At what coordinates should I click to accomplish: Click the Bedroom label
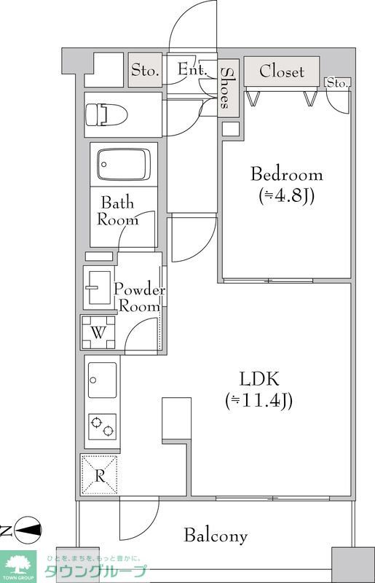pyautogui.click(x=287, y=174)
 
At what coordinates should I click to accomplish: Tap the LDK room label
pyautogui.click(x=259, y=379)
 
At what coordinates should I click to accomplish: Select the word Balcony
pyautogui.click(x=216, y=536)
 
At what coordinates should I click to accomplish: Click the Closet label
pyautogui.click(x=282, y=71)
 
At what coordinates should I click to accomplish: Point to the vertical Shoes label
pyautogui.click(x=225, y=88)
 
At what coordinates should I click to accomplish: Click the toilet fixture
pyautogui.click(x=106, y=114)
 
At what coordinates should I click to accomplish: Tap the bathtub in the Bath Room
pyautogui.click(x=123, y=165)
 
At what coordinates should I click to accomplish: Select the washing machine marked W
pyautogui.click(x=98, y=332)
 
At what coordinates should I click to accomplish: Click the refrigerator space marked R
pyautogui.click(x=99, y=475)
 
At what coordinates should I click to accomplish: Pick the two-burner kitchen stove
pyautogui.click(x=102, y=427)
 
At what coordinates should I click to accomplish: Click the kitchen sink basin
pyautogui.click(x=102, y=380)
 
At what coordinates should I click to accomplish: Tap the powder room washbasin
pyautogui.click(x=98, y=287)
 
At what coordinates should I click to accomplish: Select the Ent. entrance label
pyautogui.click(x=192, y=69)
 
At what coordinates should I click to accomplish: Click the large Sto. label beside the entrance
pyautogui.click(x=146, y=69)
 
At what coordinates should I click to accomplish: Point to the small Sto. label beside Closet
pyautogui.click(x=337, y=83)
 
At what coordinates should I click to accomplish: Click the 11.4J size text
pyautogui.click(x=259, y=400)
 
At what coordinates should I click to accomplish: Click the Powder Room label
pyautogui.click(x=139, y=297)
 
